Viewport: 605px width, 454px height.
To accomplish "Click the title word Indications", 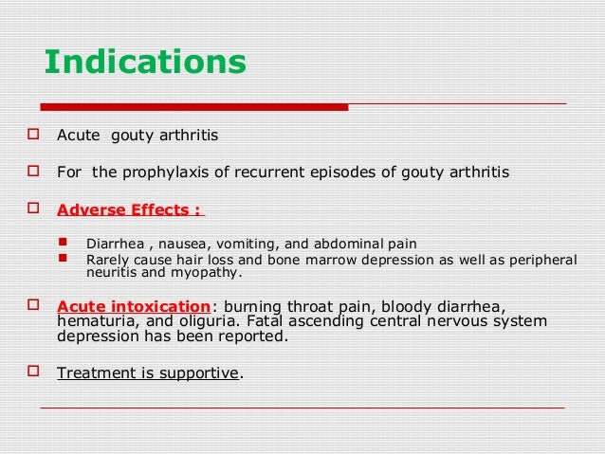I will tap(145, 63).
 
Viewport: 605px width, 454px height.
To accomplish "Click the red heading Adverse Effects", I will tap(128, 209).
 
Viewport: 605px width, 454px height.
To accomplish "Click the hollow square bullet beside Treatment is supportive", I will tap(33, 372).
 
